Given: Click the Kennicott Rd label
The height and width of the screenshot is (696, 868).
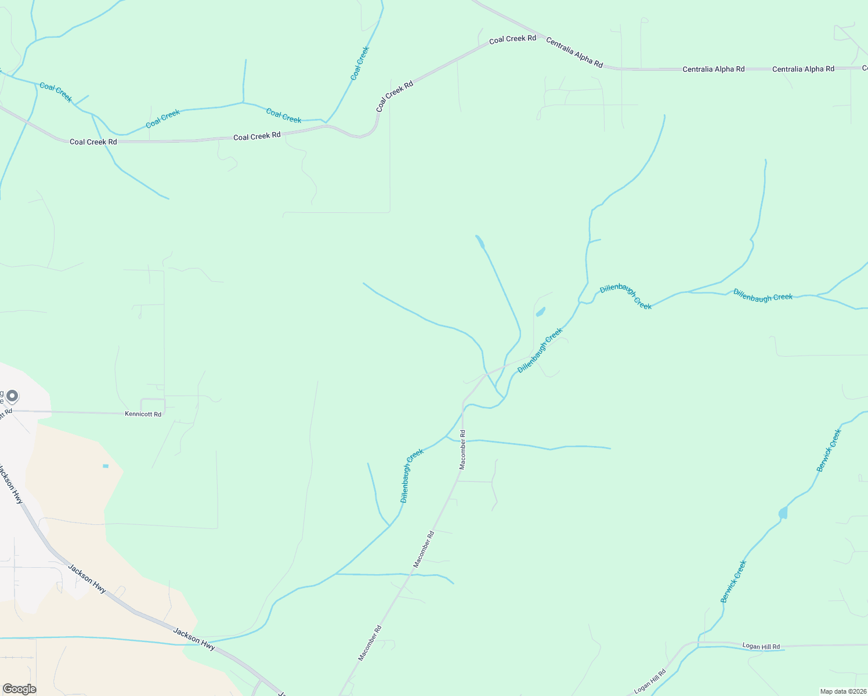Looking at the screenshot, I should coord(143,414).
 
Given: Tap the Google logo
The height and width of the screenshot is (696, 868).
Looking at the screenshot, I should coord(19,688).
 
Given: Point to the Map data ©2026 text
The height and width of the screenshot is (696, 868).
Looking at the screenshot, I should coord(842,691).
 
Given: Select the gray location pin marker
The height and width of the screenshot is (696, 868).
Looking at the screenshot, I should coord(12,396).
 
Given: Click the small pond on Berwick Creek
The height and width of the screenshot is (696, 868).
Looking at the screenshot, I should coord(783,513).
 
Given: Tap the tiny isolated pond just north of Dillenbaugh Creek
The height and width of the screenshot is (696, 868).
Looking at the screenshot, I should coord(540,312).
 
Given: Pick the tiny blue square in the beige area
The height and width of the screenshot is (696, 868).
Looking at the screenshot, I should coord(106,466).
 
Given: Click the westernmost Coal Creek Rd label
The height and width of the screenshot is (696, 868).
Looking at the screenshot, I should coord(93,142).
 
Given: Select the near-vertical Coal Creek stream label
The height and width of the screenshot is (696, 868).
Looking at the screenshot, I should coord(360,64).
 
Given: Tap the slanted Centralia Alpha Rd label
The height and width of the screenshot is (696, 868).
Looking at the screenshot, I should coord(574,52).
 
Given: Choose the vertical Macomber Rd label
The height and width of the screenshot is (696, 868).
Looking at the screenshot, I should coord(462,449).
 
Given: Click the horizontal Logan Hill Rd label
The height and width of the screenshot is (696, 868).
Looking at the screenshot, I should coord(761,646).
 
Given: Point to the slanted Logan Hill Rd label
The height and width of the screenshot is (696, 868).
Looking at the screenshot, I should coord(650,681).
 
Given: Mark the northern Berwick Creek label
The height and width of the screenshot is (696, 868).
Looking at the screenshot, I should coord(829,450).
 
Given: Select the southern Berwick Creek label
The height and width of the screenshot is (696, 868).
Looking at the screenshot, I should coord(733,581).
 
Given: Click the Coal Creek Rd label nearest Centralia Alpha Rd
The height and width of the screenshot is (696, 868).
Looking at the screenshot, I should coord(512,39).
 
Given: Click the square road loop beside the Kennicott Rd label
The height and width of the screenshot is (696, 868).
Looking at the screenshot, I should coord(153,405).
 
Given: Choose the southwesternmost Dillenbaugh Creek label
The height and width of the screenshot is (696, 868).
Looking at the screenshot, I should coord(412,476).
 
